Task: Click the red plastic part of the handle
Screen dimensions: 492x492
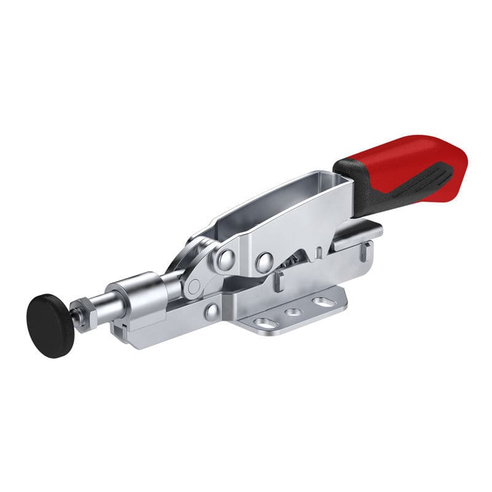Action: click(x=406, y=157)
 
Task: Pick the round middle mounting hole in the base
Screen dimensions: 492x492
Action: click(x=295, y=312)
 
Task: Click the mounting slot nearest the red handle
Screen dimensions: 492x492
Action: click(x=322, y=302)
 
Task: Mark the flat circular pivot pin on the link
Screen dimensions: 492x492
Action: click(x=194, y=286)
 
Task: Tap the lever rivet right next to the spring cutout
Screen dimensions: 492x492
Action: click(x=265, y=262)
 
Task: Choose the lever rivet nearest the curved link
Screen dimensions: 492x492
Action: click(x=225, y=260)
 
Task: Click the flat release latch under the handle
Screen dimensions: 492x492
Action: click(x=357, y=234)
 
